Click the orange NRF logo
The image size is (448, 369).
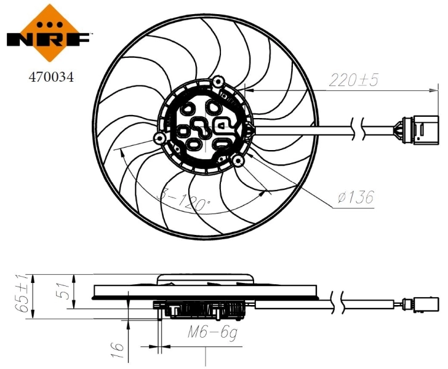tap(48, 31)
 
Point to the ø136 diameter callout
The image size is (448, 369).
tap(356, 197)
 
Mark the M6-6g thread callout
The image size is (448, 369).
tap(212, 333)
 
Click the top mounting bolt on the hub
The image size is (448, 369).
tap(219, 81)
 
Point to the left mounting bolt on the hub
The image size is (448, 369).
tap(159, 137)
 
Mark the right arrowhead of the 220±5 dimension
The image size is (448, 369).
tap(431, 91)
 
